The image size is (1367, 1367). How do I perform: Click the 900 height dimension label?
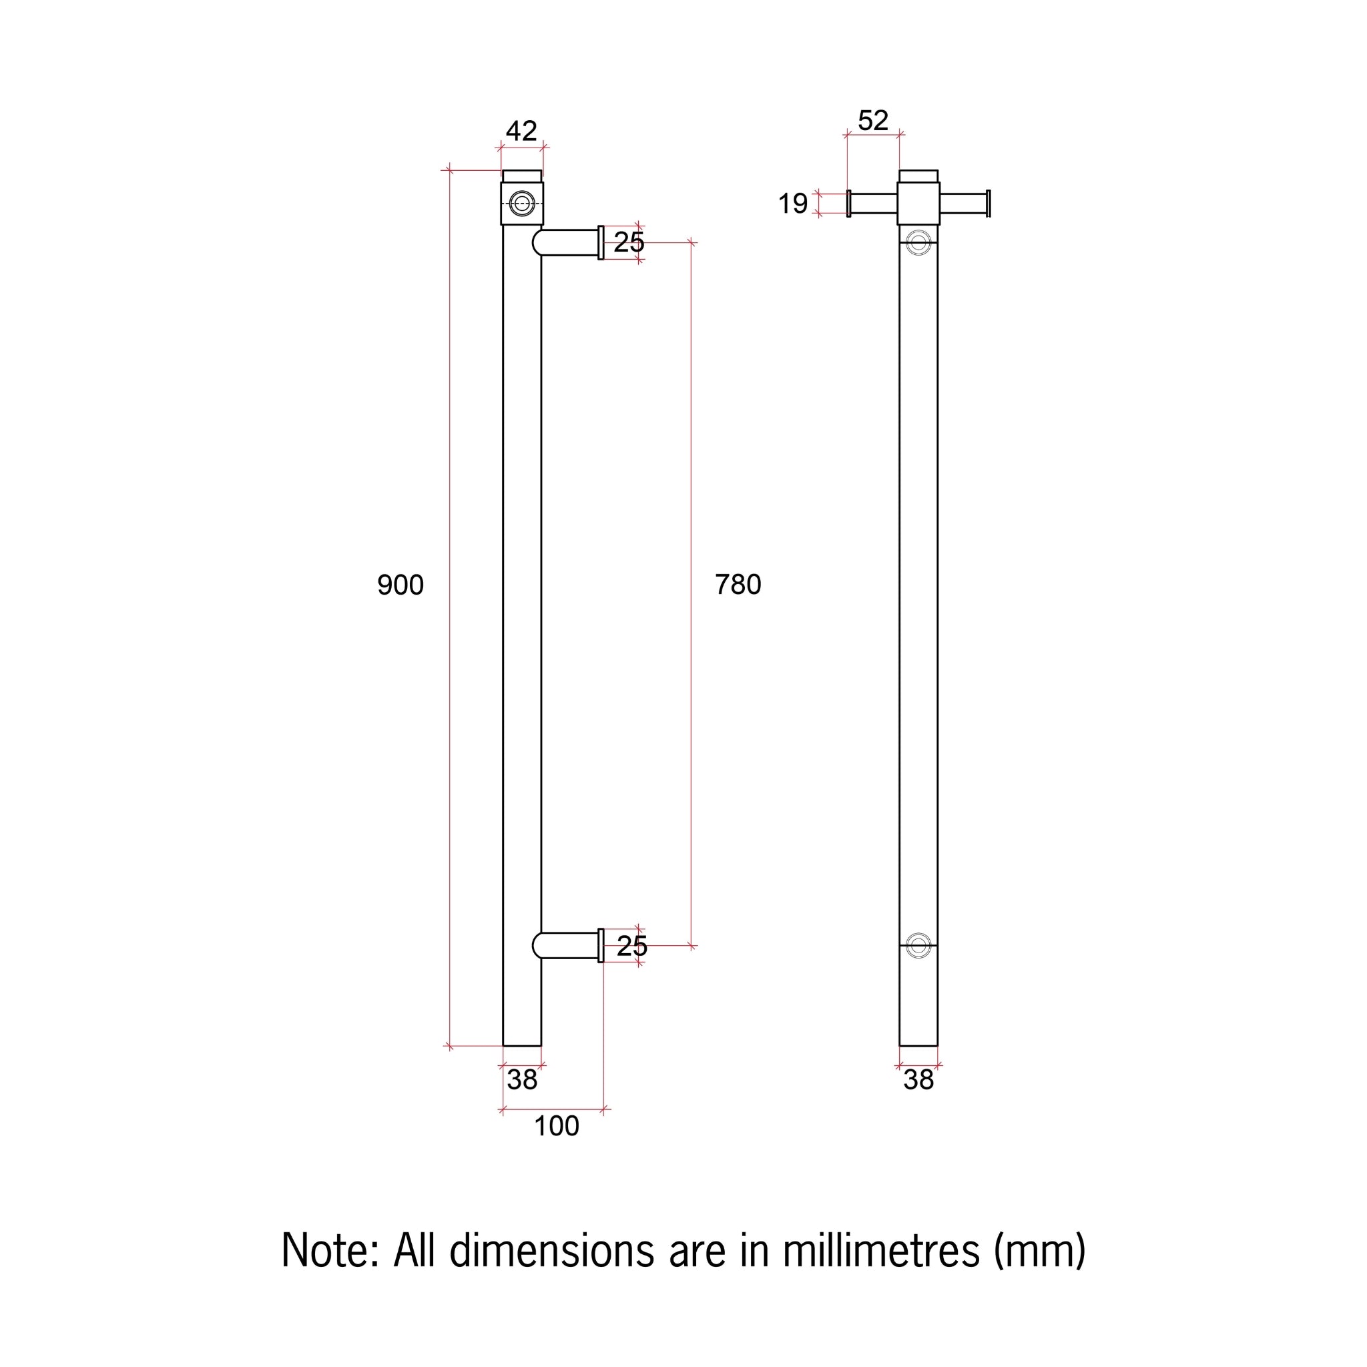[x=400, y=585]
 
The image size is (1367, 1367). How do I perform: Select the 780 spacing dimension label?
[x=738, y=585]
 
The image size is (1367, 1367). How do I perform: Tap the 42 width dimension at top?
[x=521, y=131]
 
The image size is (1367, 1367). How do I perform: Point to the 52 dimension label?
[x=872, y=121]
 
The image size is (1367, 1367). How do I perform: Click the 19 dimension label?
[x=792, y=204]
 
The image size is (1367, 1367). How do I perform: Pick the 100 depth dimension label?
[x=556, y=1126]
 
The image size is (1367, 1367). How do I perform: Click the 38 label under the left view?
[x=522, y=1080]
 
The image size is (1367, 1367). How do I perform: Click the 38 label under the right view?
[x=918, y=1080]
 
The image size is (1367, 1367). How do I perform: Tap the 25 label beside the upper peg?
[x=629, y=243]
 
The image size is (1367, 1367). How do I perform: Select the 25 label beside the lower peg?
[x=632, y=946]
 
